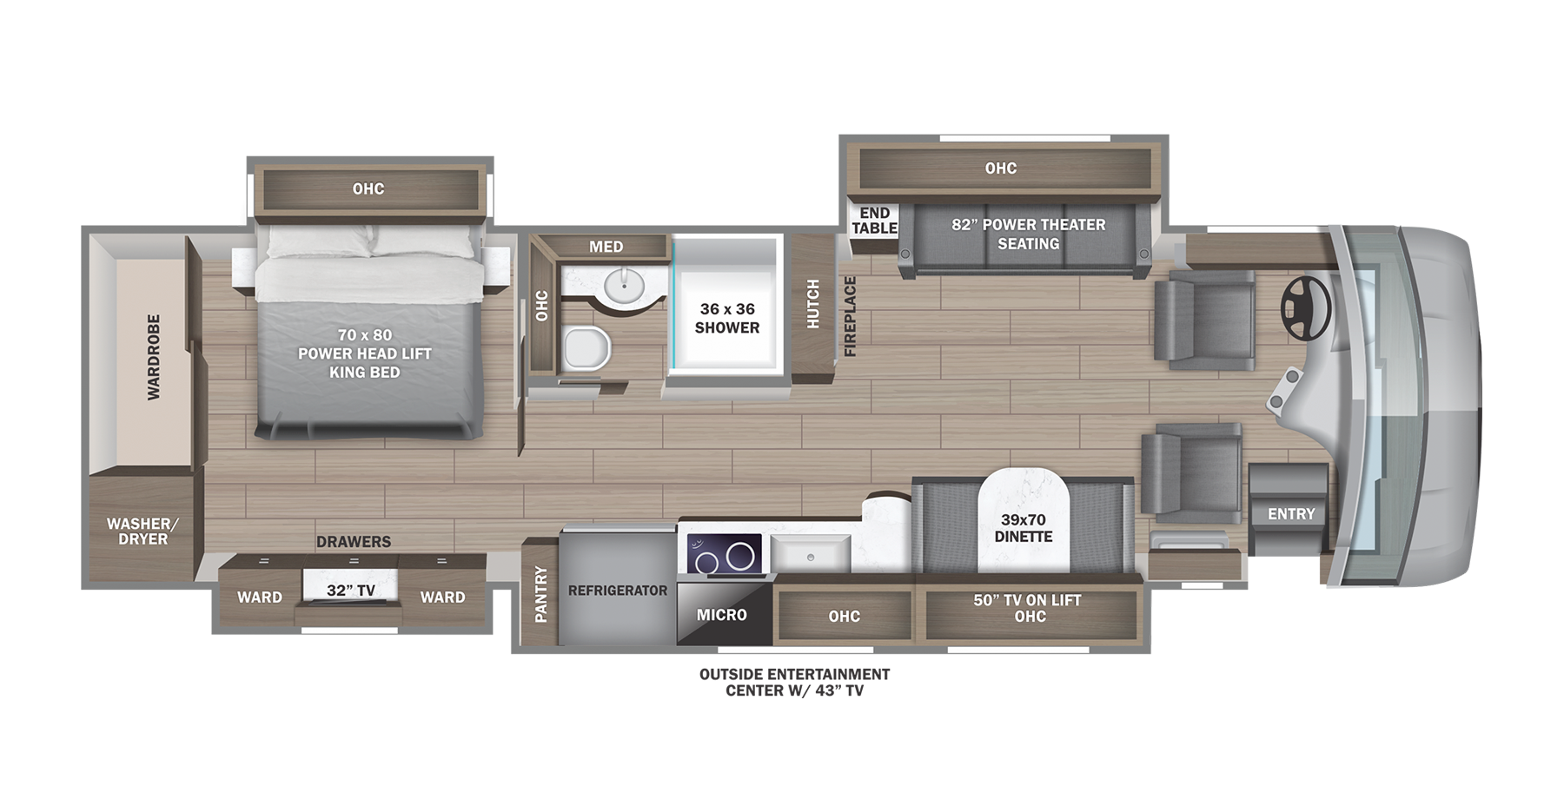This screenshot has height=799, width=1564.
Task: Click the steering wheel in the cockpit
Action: point(1306,308)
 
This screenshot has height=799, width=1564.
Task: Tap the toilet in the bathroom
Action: point(586,348)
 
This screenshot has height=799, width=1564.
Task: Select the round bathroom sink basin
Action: point(623,283)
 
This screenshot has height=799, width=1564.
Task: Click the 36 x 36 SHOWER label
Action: point(727,318)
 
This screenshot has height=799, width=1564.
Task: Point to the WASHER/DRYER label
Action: point(142,531)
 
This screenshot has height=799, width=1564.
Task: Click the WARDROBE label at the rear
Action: point(154,357)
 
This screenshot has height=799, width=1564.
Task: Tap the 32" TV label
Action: point(351,591)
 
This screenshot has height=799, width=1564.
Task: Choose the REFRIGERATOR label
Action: point(618,591)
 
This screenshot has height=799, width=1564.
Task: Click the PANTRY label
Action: point(540,594)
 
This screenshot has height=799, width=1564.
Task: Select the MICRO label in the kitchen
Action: point(721,615)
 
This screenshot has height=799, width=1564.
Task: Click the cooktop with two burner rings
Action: point(725,554)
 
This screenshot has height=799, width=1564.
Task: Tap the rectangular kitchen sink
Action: point(810,554)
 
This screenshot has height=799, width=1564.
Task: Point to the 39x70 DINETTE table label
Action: point(1024,528)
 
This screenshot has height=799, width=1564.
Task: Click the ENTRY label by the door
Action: point(1291,514)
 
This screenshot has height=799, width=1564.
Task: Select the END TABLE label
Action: point(874,221)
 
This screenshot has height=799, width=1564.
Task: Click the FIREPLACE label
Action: point(850,316)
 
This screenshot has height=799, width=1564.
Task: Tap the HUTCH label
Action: point(813,304)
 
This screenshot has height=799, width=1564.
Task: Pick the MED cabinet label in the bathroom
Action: point(606,247)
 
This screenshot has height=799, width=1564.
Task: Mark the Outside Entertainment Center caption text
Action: point(794,682)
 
